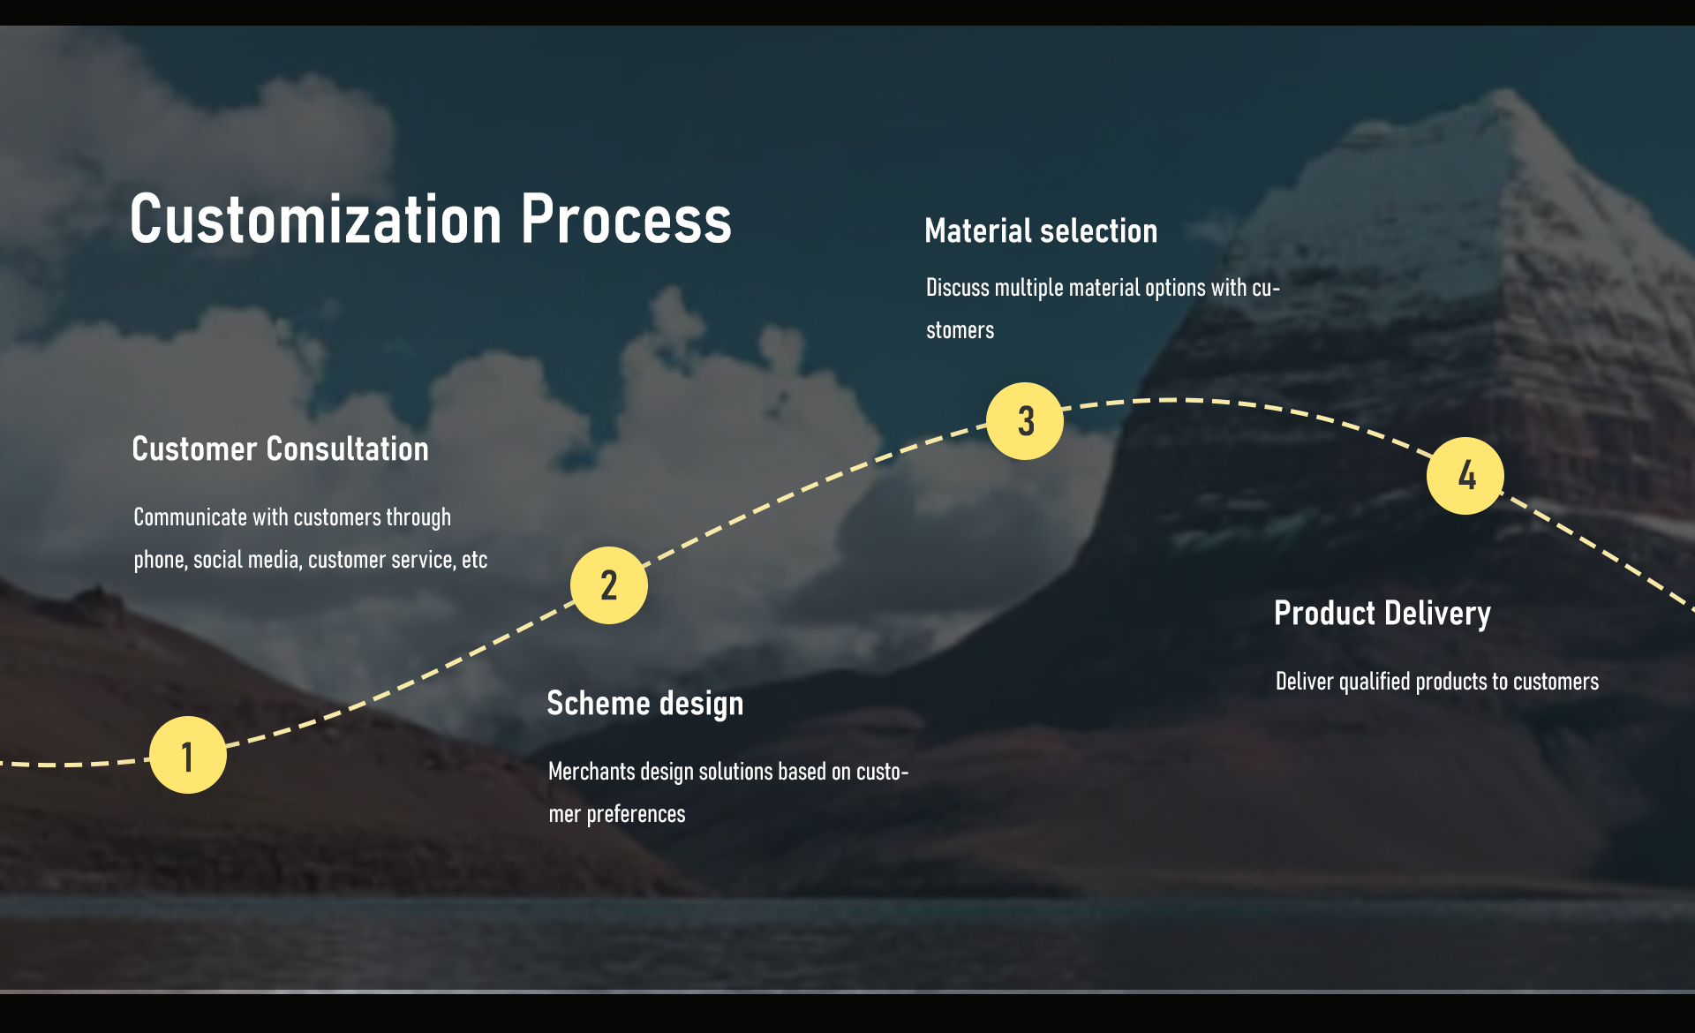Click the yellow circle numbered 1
click(188, 755)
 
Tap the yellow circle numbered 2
click(609, 585)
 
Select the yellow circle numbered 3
click(1025, 421)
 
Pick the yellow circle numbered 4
click(1465, 476)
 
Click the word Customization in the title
click(316, 219)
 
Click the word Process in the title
click(626, 219)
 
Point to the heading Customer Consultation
click(280, 449)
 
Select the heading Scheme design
click(645, 704)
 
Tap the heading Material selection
click(1041, 230)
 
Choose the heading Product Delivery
click(1382, 614)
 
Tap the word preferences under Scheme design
click(636, 814)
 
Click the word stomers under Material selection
click(960, 330)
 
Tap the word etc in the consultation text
click(474, 560)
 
